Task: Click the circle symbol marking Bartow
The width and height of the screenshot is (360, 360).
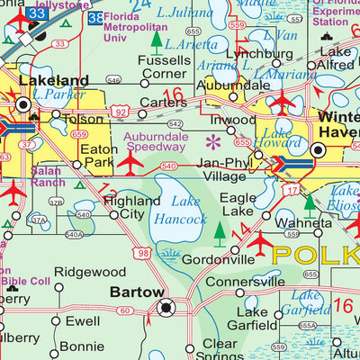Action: pos(165,308)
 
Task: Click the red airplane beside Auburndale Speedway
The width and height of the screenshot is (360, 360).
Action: pos(130,163)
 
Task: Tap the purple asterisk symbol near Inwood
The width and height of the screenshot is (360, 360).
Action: pos(213,140)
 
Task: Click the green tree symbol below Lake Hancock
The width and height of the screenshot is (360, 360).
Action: pos(220,233)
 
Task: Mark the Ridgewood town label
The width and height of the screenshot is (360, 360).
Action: pos(90,271)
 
